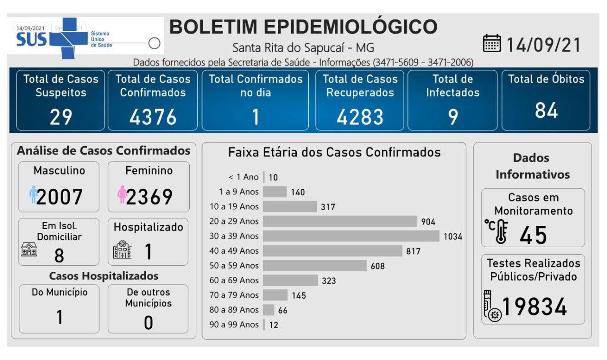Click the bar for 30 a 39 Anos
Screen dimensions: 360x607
pos(351,236)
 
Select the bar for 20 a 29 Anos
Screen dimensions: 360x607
pos(340,221)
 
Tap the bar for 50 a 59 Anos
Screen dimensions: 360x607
pos(314,266)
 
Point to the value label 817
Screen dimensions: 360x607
pos(413,251)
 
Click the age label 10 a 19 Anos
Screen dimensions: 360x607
pos(234,206)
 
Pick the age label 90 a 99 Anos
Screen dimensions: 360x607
pos(234,325)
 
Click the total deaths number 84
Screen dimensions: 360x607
pos(546,111)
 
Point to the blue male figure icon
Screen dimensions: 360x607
pos(33,195)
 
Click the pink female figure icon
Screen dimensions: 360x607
pos(122,195)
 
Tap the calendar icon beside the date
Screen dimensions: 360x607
pos(491,44)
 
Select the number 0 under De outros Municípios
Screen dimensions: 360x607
pos(148,322)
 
